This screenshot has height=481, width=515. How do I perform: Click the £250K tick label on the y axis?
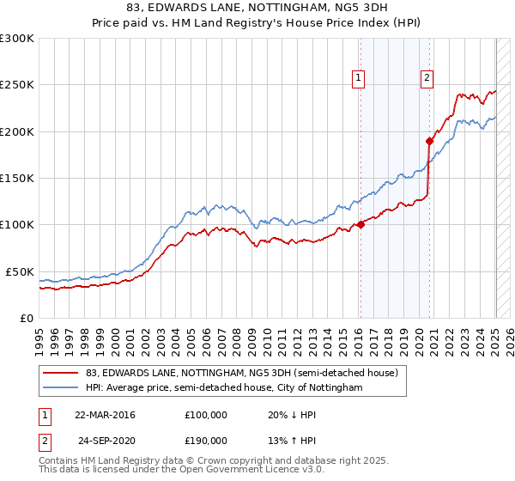[17, 85]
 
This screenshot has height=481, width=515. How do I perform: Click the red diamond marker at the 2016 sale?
[360, 225]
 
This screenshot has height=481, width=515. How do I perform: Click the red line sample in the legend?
[60, 374]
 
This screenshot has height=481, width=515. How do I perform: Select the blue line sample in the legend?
[60, 388]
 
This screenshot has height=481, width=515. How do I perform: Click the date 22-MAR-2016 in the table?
[106, 414]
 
